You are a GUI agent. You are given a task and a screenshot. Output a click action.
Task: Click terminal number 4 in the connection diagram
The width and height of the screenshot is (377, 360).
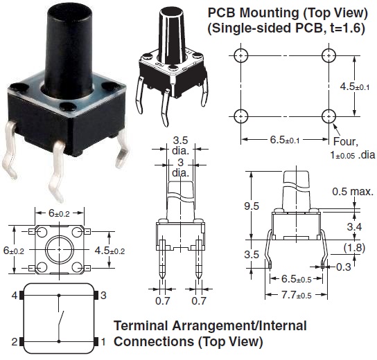pyautogui.click(x=13, y=296)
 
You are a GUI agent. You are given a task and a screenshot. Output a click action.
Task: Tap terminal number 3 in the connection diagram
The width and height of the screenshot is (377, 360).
pyautogui.click(x=103, y=296)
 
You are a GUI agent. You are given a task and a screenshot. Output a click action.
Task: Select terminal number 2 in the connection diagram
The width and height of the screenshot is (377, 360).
pyautogui.click(x=13, y=341)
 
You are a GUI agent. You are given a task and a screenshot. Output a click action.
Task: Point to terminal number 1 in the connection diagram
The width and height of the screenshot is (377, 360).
pyautogui.click(x=103, y=341)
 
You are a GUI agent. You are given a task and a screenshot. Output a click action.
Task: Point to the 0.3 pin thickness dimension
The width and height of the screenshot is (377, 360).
pyautogui.click(x=343, y=267)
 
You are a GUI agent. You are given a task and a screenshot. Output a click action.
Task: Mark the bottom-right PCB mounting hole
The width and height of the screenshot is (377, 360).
pyautogui.click(x=327, y=115)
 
